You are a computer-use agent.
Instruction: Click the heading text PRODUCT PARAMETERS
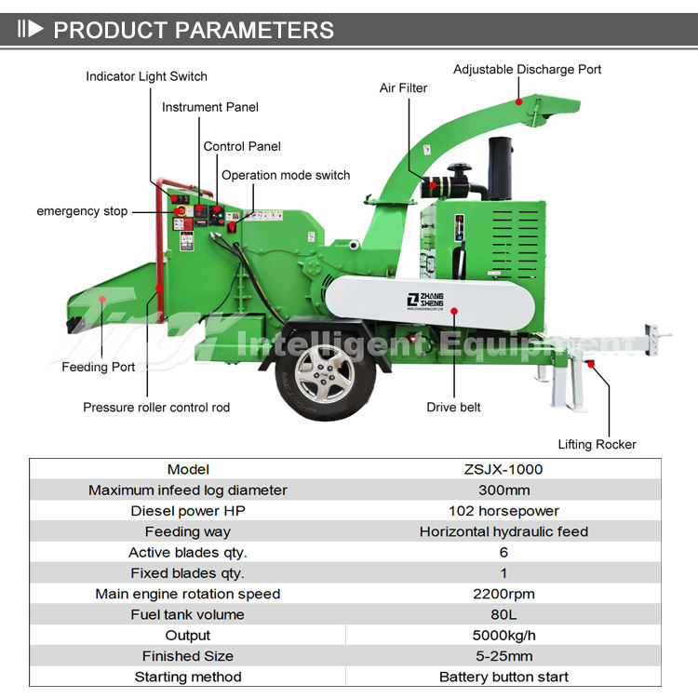tap(193, 30)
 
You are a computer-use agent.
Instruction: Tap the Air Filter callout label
tap(403, 87)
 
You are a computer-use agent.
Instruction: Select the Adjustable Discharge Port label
tap(527, 69)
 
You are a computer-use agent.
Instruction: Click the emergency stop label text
tap(82, 211)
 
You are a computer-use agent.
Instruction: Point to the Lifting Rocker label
tap(597, 444)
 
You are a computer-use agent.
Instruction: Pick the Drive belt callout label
tap(453, 407)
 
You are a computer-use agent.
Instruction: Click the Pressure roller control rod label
tap(156, 407)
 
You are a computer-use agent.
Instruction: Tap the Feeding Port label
tap(99, 367)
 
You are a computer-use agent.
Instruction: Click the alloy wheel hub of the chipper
tap(323, 371)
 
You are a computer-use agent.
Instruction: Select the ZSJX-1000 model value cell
tap(503, 469)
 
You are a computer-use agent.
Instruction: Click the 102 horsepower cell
tap(503, 511)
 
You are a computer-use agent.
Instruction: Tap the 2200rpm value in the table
tap(503, 594)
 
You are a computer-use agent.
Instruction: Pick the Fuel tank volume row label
tap(188, 614)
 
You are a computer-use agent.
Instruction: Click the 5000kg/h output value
tap(503, 636)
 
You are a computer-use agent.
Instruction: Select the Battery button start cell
tap(503, 677)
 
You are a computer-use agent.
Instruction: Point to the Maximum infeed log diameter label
tap(188, 490)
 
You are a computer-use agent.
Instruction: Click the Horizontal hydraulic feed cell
tap(503, 531)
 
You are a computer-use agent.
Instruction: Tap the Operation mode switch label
tap(286, 175)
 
